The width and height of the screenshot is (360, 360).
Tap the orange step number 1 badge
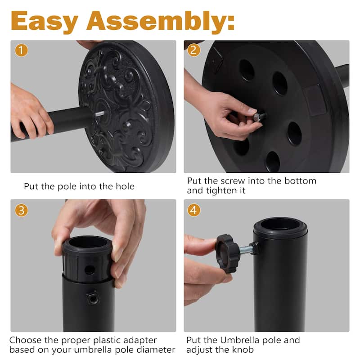coord(21,50)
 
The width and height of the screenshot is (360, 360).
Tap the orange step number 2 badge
coord(194,50)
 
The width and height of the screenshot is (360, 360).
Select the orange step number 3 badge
coord(21,210)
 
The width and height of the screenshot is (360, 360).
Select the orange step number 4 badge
coord(194,210)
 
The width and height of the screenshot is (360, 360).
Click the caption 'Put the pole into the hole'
coord(79,186)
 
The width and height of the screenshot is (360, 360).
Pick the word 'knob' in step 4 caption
coord(243,350)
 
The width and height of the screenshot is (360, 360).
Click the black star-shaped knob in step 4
coord(227,253)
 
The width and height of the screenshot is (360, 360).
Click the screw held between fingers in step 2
coord(259,117)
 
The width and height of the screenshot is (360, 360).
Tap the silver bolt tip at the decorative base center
coord(100,113)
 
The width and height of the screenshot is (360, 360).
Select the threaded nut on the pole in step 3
coord(92,298)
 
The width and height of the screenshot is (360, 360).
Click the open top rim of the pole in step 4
coord(280,224)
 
